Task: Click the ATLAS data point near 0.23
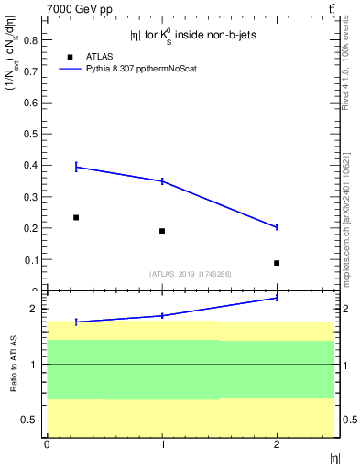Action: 76,217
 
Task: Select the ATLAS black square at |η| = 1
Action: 162,231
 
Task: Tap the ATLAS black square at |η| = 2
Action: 277,263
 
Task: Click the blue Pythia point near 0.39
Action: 76,167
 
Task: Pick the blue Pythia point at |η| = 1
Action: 162,181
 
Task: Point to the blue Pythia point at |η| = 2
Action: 277,227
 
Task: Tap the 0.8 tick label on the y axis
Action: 28,39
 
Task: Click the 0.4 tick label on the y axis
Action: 28,165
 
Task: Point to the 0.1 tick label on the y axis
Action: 28,259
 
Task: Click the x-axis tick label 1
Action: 162,444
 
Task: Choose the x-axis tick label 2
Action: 277,444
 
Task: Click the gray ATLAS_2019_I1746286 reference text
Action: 190,274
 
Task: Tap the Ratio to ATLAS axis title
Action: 13,365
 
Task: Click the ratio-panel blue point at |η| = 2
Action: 277,298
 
